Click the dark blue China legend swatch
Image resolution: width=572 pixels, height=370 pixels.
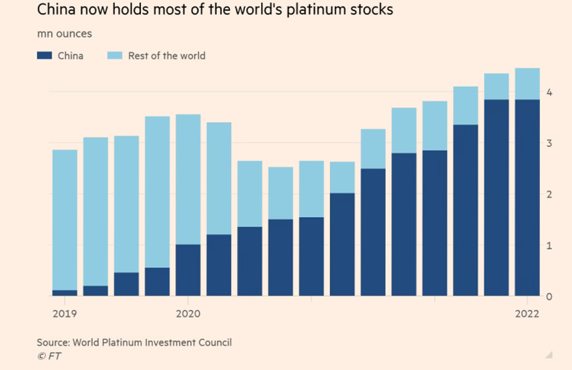coord(44,56)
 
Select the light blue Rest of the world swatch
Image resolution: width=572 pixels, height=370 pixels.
coord(115,56)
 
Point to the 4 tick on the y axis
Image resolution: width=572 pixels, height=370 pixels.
coord(550,93)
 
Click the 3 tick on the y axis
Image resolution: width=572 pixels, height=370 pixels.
coord(550,144)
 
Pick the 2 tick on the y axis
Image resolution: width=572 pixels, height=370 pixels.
coord(550,195)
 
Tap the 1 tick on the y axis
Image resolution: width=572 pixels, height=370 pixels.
coord(550,246)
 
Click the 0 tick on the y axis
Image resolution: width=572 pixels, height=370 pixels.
coord(550,297)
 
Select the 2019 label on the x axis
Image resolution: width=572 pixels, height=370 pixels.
coord(64,314)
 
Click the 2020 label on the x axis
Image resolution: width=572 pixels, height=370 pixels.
coord(188,314)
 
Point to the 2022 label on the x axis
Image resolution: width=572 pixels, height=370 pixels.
coord(526,314)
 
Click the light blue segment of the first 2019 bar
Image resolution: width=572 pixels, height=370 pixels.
coord(65,219)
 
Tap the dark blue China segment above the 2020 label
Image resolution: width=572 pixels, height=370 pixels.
coord(188,270)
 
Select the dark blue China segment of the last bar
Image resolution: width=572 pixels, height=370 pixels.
coord(527,196)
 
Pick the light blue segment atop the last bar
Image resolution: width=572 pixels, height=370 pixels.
coord(527,84)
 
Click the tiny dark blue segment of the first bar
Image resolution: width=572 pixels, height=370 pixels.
coord(65,293)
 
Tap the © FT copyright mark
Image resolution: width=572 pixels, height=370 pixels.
coord(49,356)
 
